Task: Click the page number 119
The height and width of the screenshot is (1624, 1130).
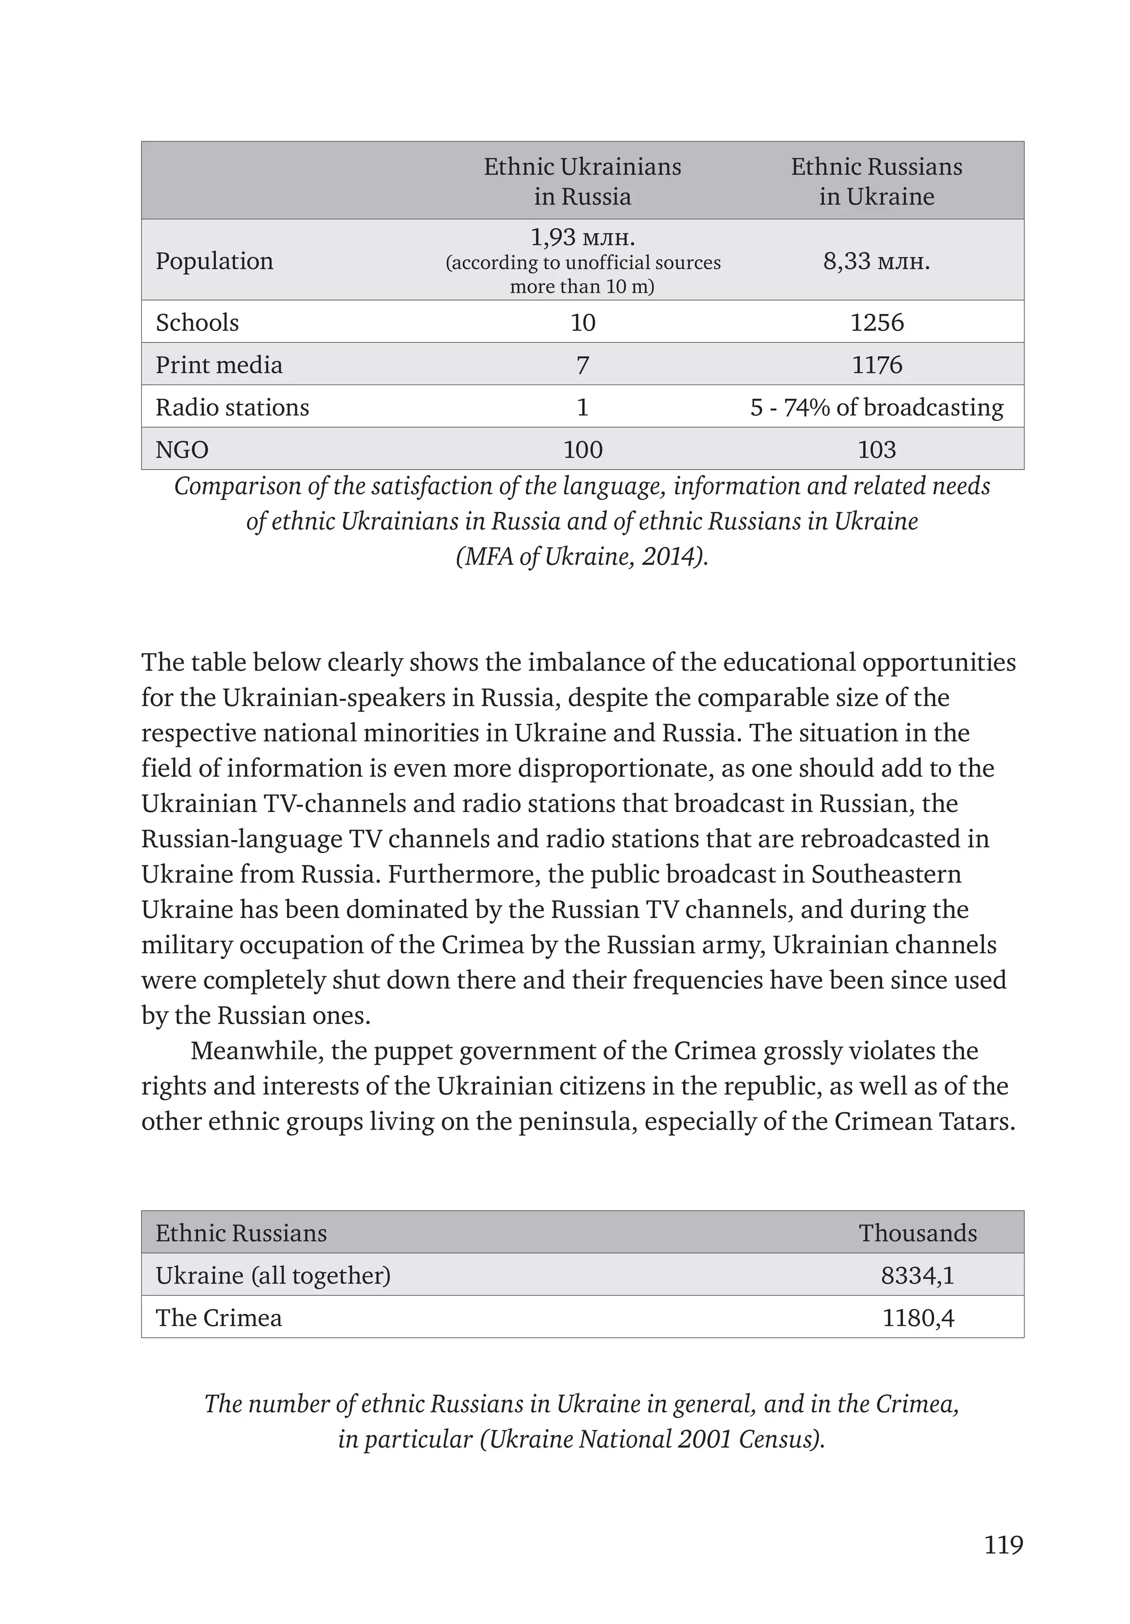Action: [1003, 1544]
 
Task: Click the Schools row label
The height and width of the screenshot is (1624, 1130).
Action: [198, 323]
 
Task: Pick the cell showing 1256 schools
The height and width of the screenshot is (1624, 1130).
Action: [876, 323]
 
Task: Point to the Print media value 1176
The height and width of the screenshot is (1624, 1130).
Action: [876, 365]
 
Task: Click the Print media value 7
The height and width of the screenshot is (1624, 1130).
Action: [582, 365]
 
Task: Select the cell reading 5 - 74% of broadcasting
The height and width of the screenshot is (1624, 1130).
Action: [876, 408]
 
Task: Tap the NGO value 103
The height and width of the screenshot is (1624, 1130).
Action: [876, 450]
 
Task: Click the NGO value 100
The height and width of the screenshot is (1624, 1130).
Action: [582, 450]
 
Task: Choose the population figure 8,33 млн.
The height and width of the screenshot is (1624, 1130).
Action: [876, 261]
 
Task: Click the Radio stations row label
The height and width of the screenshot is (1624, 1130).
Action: [232, 408]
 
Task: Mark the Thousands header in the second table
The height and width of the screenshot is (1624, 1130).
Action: [917, 1233]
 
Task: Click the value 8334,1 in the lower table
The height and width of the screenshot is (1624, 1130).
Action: [917, 1276]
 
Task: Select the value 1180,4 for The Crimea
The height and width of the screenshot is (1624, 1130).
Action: [917, 1318]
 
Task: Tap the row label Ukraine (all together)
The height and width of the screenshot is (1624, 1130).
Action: [273, 1276]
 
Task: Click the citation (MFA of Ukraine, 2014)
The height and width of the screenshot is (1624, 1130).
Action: [582, 557]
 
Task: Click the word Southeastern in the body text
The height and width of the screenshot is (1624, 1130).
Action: [886, 874]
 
